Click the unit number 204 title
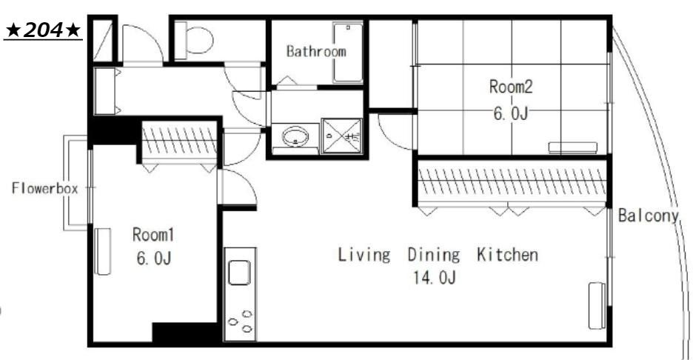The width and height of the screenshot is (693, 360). pyautogui.click(x=43, y=30)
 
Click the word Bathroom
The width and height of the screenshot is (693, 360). pyautogui.click(x=316, y=51)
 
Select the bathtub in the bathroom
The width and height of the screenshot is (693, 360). pyautogui.click(x=348, y=53)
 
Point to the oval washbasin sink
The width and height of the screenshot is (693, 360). pyautogui.click(x=295, y=136)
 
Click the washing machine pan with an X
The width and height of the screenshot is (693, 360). pyautogui.click(x=341, y=136)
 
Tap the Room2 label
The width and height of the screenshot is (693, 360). pyautogui.click(x=510, y=86)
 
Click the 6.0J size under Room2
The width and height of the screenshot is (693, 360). pyautogui.click(x=510, y=113)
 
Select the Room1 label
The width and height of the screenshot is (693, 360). pyautogui.click(x=153, y=234)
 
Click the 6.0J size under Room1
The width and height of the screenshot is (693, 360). pyautogui.click(x=153, y=258)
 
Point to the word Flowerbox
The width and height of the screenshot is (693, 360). pyautogui.click(x=44, y=188)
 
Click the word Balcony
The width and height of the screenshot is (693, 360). pyautogui.click(x=648, y=216)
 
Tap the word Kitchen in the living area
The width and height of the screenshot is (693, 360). pyautogui.click(x=507, y=255)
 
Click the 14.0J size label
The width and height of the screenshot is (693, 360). pyautogui.click(x=434, y=278)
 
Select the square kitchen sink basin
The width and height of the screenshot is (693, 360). pyautogui.click(x=239, y=272)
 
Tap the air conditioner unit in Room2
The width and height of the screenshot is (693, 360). pyautogui.click(x=573, y=147)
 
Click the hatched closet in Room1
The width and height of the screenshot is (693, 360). pyautogui.click(x=179, y=141)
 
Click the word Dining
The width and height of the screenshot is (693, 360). pyautogui.click(x=434, y=255)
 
